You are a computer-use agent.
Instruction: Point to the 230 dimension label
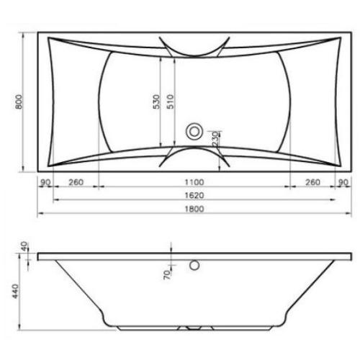(x=215, y=138)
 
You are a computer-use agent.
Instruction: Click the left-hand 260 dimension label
(x=76, y=183)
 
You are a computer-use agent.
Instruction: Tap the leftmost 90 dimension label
(x=45, y=183)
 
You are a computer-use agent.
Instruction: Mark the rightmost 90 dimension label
(x=343, y=183)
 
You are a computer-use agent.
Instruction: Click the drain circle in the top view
(x=194, y=132)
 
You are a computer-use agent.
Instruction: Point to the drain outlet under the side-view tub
(x=193, y=328)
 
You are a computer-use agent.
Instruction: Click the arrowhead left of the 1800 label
(x=40, y=215)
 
